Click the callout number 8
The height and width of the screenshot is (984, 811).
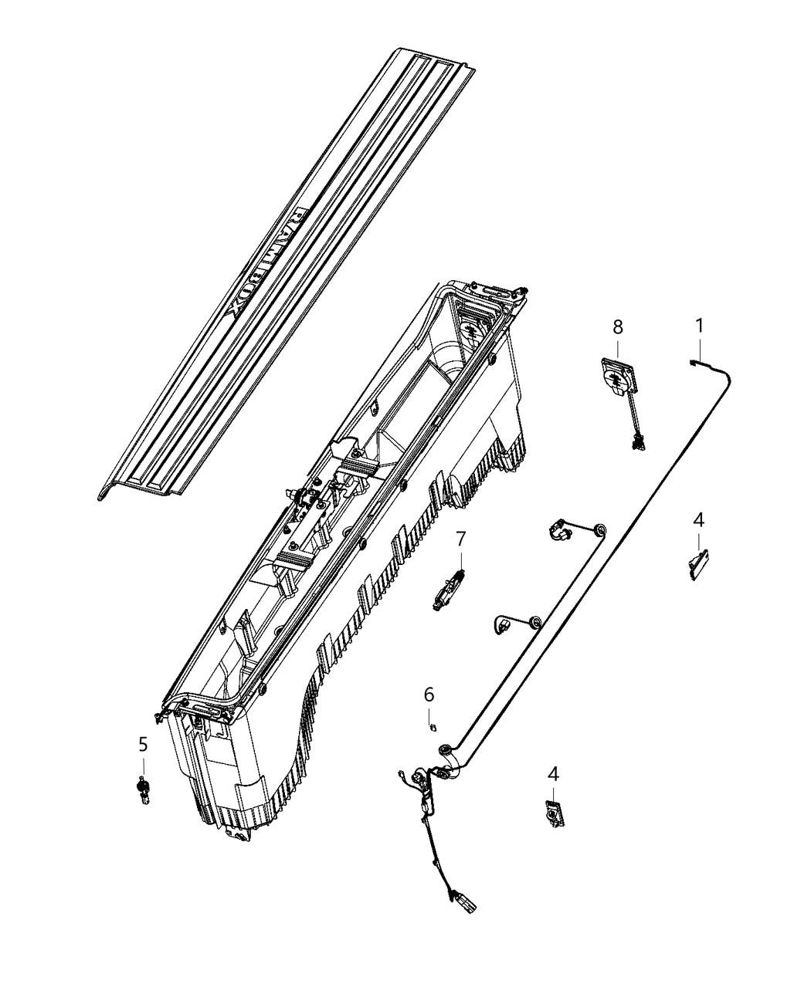click(x=618, y=327)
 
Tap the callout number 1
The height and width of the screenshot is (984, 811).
click(x=699, y=326)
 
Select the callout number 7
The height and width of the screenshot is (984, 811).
click(x=460, y=538)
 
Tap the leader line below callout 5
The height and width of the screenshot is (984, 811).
click(x=143, y=766)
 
